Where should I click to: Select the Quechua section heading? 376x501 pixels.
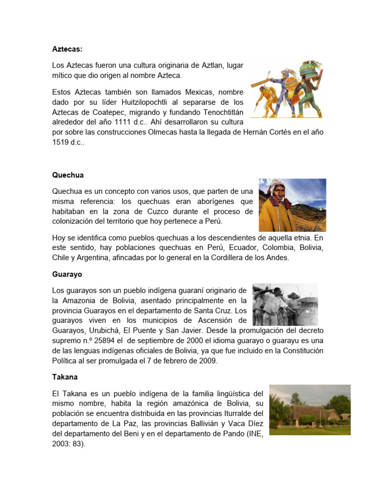(x=68, y=175)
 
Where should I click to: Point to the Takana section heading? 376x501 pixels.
(x=65, y=377)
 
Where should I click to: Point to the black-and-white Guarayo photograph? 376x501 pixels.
(x=285, y=304)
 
